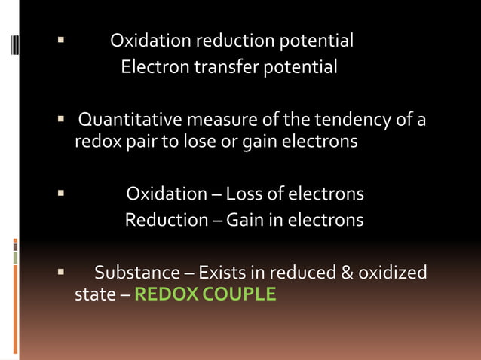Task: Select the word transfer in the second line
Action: (x=226, y=67)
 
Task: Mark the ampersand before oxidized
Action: (x=347, y=272)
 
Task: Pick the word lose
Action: (x=199, y=141)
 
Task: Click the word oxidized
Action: (x=393, y=272)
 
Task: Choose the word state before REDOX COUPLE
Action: (x=93, y=294)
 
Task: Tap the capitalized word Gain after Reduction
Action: (x=244, y=220)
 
